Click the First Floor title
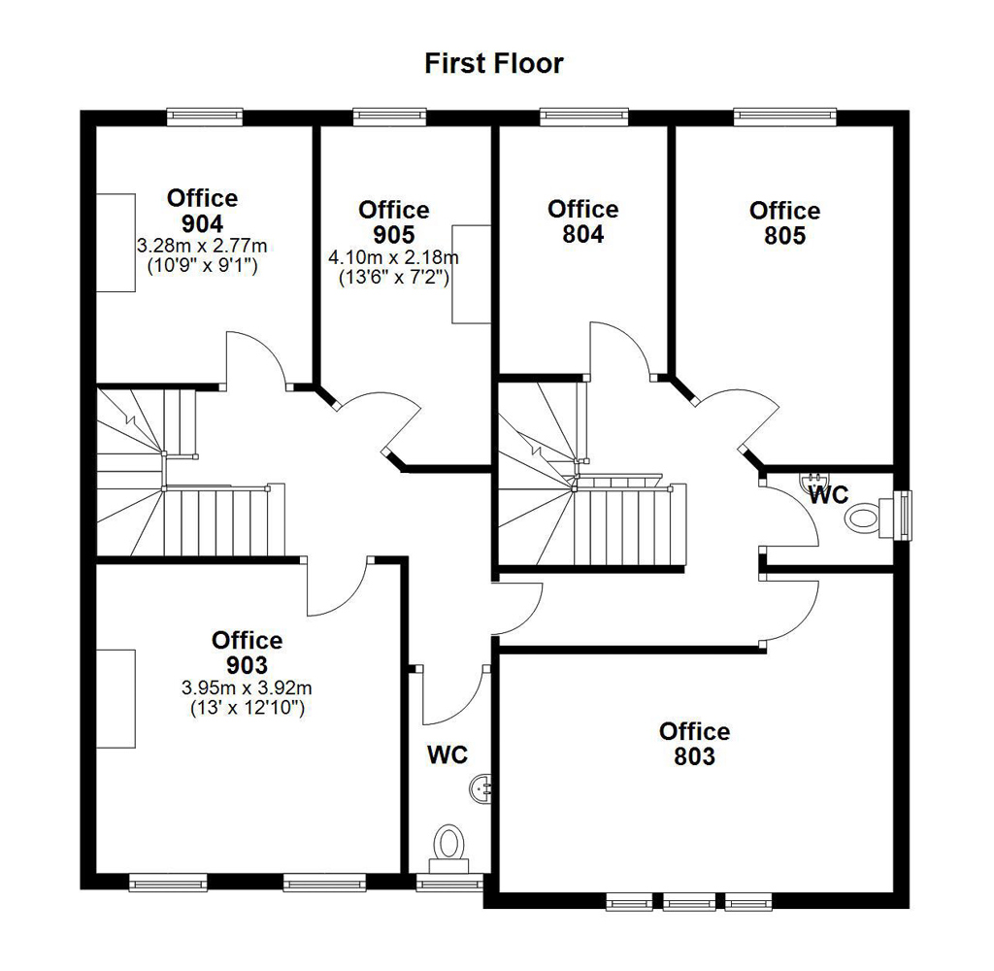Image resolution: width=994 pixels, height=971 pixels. (494, 63)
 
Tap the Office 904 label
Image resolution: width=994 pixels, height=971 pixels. (202, 211)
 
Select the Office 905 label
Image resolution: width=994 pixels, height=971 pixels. (394, 222)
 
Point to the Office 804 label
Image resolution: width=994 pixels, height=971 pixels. (583, 221)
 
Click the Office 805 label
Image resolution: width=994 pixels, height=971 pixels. (784, 222)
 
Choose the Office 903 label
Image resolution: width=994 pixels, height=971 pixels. (248, 653)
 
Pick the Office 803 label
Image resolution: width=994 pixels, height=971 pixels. (695, 744)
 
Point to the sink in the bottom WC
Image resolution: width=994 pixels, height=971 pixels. (480, 789)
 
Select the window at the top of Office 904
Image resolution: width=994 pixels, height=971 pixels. (205, 117)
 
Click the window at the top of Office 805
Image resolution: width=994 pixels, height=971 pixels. (785, 117)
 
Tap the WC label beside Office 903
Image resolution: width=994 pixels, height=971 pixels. (447, 754)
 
